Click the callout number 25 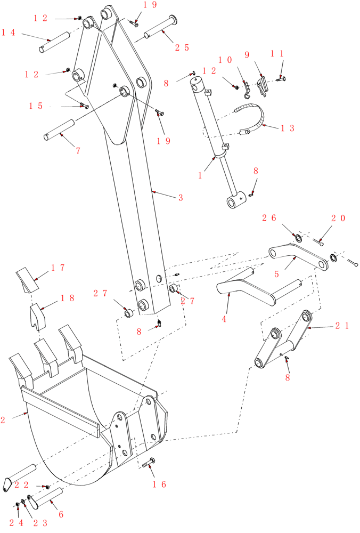[x=182, y=47]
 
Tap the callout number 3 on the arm [x=181, y=198]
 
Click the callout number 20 [x=338, y=218]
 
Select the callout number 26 [x=269, y=217]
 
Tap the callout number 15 [x=36, y=106]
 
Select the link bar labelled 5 [x=298, y=256]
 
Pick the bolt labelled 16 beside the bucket [x=148, y=463]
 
